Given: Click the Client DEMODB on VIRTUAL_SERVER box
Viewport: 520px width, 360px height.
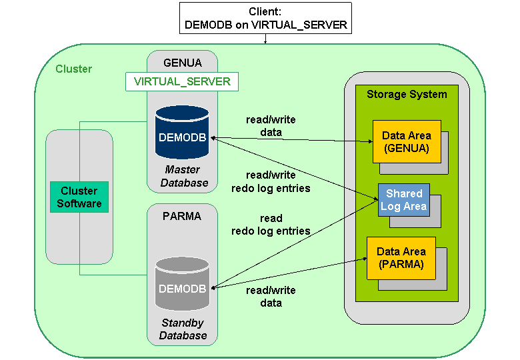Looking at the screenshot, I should (x=265, y=19).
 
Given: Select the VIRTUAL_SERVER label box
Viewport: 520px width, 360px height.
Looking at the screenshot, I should (x=182, y=81).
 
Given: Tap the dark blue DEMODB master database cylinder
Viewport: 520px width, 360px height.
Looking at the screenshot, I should (x=182, y=134).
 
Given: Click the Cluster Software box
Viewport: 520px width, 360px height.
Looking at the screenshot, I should (x=79, y=197).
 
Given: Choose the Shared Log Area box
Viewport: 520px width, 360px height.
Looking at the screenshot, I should (x=404, y=200).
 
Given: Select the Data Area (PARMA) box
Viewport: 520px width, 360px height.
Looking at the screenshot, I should (x=401, y=258).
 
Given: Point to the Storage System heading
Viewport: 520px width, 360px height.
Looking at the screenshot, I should (x=407, y=94).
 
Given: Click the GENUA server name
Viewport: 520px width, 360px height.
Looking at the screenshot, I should (x=182, y=63).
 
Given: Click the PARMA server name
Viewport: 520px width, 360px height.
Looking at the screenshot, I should (x=182, y=217).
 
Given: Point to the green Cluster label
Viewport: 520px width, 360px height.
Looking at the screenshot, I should (x=73, y=69).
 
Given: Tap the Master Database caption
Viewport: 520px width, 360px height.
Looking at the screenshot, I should (x=183, y=176).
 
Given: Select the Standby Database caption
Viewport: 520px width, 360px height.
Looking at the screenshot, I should (x=183, y=329).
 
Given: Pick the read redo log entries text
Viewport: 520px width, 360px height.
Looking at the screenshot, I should (x=271, y=225).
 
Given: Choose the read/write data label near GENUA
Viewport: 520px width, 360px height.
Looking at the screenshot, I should (x=271, y=126).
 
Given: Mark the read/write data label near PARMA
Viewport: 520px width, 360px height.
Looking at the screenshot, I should (x=271, y=297).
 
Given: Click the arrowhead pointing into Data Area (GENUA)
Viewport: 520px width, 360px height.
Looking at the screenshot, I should (x=369, y=141).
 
